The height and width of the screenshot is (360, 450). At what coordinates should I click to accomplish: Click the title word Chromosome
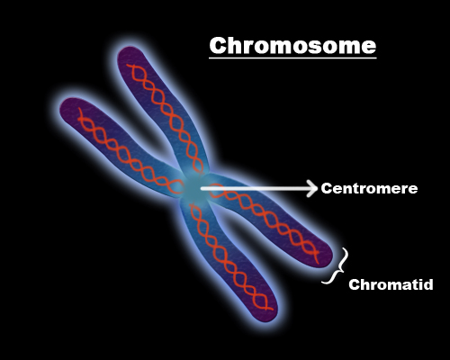(292, 46)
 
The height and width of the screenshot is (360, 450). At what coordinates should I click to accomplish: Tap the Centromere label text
(369, 189)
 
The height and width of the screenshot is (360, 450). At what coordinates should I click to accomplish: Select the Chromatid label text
(391, 284)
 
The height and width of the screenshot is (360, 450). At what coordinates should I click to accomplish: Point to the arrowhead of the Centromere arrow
(312, 189)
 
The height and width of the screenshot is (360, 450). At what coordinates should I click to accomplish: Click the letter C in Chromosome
(218, 46)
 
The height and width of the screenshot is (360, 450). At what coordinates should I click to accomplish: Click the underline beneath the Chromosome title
(292, 58)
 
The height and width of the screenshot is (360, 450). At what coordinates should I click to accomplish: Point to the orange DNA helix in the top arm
(166, 118)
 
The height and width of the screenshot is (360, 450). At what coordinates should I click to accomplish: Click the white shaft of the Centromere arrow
(255, 189)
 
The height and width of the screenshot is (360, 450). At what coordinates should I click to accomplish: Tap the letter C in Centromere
(326, 189)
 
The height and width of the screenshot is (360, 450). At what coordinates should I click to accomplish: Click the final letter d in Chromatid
(428, 284)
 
